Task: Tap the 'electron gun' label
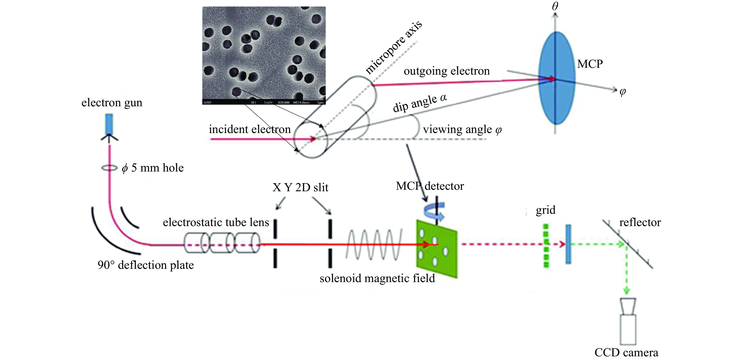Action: click(112, 103)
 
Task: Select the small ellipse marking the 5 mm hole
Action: click(109, 168)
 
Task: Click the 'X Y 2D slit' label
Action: click(300, 188)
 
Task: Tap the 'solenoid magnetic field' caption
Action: click(377, 278)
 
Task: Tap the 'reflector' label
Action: click(640, 222)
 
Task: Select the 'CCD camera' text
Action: click(626, 352)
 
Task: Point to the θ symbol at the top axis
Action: click(555, 6)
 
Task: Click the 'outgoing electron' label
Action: click(446, 71)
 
